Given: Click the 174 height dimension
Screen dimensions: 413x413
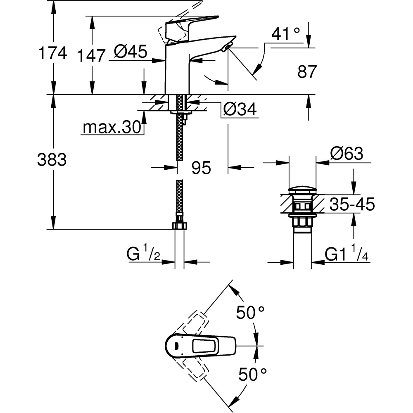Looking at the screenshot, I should click(x=52, y=54).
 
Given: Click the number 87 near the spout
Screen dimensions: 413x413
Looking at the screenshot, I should click(x=307, y=72).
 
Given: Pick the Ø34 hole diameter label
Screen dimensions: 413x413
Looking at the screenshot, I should click(x=240, y=109).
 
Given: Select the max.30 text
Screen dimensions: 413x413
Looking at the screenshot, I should click(x=112, y=128).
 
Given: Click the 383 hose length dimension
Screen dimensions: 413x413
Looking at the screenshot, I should click(x=52, y=159).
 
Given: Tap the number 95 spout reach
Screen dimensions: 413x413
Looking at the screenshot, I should click(x=202, y=167).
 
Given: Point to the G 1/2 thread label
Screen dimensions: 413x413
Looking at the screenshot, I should click(x=142, y=254).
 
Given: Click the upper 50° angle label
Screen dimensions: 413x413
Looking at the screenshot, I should click(x=250, y=312).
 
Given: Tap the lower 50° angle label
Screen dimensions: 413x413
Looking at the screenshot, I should click(x=252, y=375).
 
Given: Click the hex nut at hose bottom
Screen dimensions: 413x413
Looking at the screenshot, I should click(x=179, y=225).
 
